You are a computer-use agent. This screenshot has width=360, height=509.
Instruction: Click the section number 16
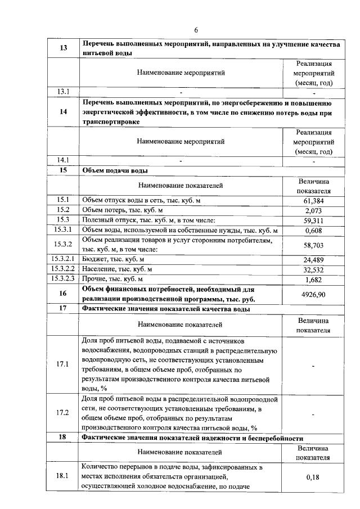coord(63,294)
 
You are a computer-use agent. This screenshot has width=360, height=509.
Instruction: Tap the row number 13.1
coord(63,91)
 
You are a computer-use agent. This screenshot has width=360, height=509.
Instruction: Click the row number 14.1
coord(63,160)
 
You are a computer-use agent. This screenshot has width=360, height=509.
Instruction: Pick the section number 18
coord(63,438)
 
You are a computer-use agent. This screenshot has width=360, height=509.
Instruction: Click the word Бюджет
coord(96,259)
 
